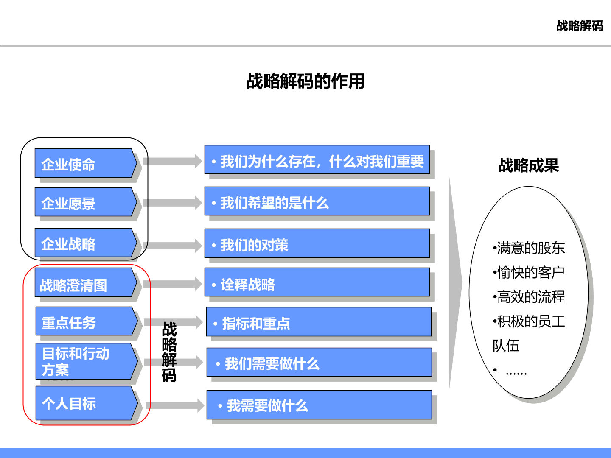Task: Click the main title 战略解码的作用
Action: pos(305,81)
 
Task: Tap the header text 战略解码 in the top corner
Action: pos(580,26)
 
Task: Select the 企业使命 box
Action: pos(86,163)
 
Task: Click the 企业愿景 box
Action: pos(86,202)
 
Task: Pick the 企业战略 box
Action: pos(86,243)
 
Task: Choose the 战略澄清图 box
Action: pos(86,282)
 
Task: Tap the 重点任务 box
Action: pos(87,321)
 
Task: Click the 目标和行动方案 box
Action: pos(87,361)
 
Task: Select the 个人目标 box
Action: pos(87,403)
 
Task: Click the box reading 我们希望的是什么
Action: pos(317,201)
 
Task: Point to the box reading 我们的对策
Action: pos(317,243)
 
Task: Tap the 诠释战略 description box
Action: pos(317,282)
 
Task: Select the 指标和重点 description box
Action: pos(319,322)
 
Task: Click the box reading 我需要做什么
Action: pos(319,405)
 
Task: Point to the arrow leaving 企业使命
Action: pos(173,161)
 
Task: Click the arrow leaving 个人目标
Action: pos(175,405)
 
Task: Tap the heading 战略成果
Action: pos(528,165)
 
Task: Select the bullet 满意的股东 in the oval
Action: pos(529,248)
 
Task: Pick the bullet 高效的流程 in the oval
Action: pos(529,297)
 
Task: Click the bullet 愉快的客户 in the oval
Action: pos(529,272)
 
